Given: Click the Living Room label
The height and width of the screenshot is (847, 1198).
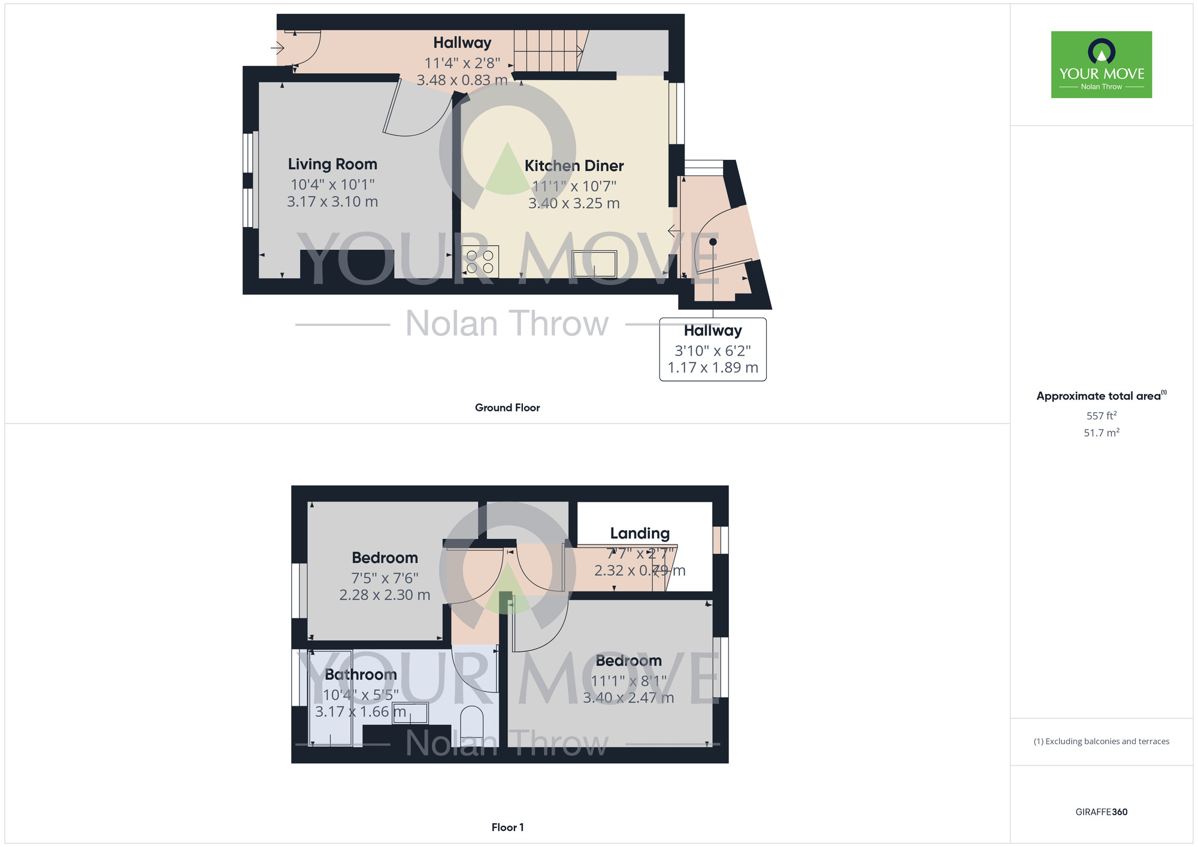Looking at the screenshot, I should click(x=332, y=164).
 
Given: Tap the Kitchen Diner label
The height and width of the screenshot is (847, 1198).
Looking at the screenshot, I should click(x=574, y=166).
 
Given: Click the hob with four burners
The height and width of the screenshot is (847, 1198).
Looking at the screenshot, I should click(x=480, y=262).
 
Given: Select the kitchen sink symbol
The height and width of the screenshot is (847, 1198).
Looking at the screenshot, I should click(x=594, y=264).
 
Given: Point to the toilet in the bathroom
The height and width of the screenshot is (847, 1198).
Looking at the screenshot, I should click(x=471, y=722).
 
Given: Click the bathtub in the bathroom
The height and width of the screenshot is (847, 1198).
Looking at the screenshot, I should click(x=330, y=698).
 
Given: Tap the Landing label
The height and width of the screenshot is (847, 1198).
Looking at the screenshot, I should click(x=639, y=533).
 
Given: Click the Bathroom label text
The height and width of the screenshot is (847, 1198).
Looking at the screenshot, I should click(x=361, y=674).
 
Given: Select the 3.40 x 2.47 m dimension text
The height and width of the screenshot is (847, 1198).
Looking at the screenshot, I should click(x=628, y=698).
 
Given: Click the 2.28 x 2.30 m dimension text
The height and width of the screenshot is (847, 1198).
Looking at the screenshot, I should click(x=385, y=595).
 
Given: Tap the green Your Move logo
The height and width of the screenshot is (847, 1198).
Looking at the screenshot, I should click(x=1101, y=65).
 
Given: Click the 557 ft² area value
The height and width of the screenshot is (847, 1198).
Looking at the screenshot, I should click(x=1101, y=416).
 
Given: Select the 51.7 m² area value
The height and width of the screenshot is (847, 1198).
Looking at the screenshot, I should click(x=1101, y=432).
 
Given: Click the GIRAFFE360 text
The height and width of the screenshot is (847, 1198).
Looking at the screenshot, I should click(x=1101, y=812).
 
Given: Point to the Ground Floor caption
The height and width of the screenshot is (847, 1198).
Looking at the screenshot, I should click(x=507, y=408).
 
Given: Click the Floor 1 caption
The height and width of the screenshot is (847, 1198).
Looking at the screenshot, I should click(x=507, y=827).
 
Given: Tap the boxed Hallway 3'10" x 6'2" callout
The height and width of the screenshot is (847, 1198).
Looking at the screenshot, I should click(x=712, y=349).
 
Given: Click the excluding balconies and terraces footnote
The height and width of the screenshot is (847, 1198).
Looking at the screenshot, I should click(x=1101, y=742).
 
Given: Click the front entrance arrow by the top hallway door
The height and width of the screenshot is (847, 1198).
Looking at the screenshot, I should click(x=277, y=47).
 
